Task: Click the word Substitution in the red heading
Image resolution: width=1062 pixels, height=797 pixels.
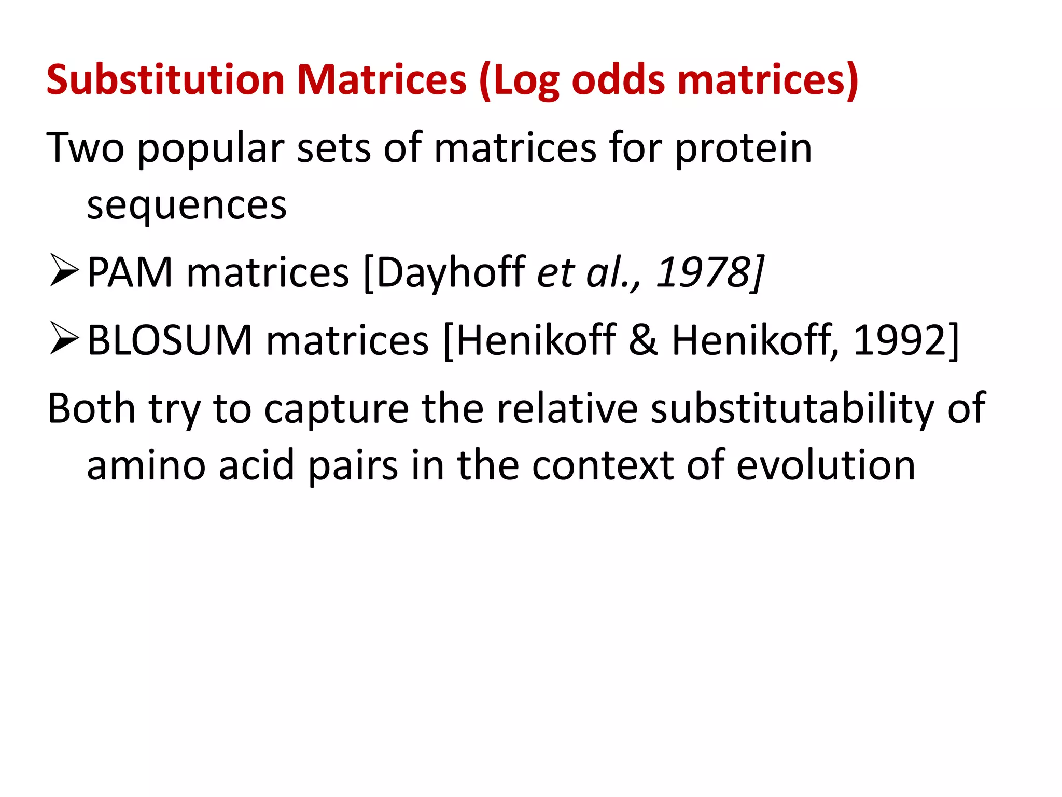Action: click(165, 80)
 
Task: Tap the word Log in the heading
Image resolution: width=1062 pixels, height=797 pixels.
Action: click(525, 81)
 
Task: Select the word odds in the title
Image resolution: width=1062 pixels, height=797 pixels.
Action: click(618, 80)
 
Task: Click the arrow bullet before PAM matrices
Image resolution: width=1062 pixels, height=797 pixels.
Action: click(64, 270)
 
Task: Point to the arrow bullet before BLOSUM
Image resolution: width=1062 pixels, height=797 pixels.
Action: click(64, 338)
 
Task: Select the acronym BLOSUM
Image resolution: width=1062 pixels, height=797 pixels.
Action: click(170, 340)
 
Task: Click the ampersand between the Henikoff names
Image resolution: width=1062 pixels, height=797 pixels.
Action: click(644, 340)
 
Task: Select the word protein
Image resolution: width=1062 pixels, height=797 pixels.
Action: click(743, 149)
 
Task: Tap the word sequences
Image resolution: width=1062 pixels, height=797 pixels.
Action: click(186, 205)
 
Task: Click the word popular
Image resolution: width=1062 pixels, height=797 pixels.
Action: click(211, 149)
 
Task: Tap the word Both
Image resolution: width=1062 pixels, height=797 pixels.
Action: click(91, 408)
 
